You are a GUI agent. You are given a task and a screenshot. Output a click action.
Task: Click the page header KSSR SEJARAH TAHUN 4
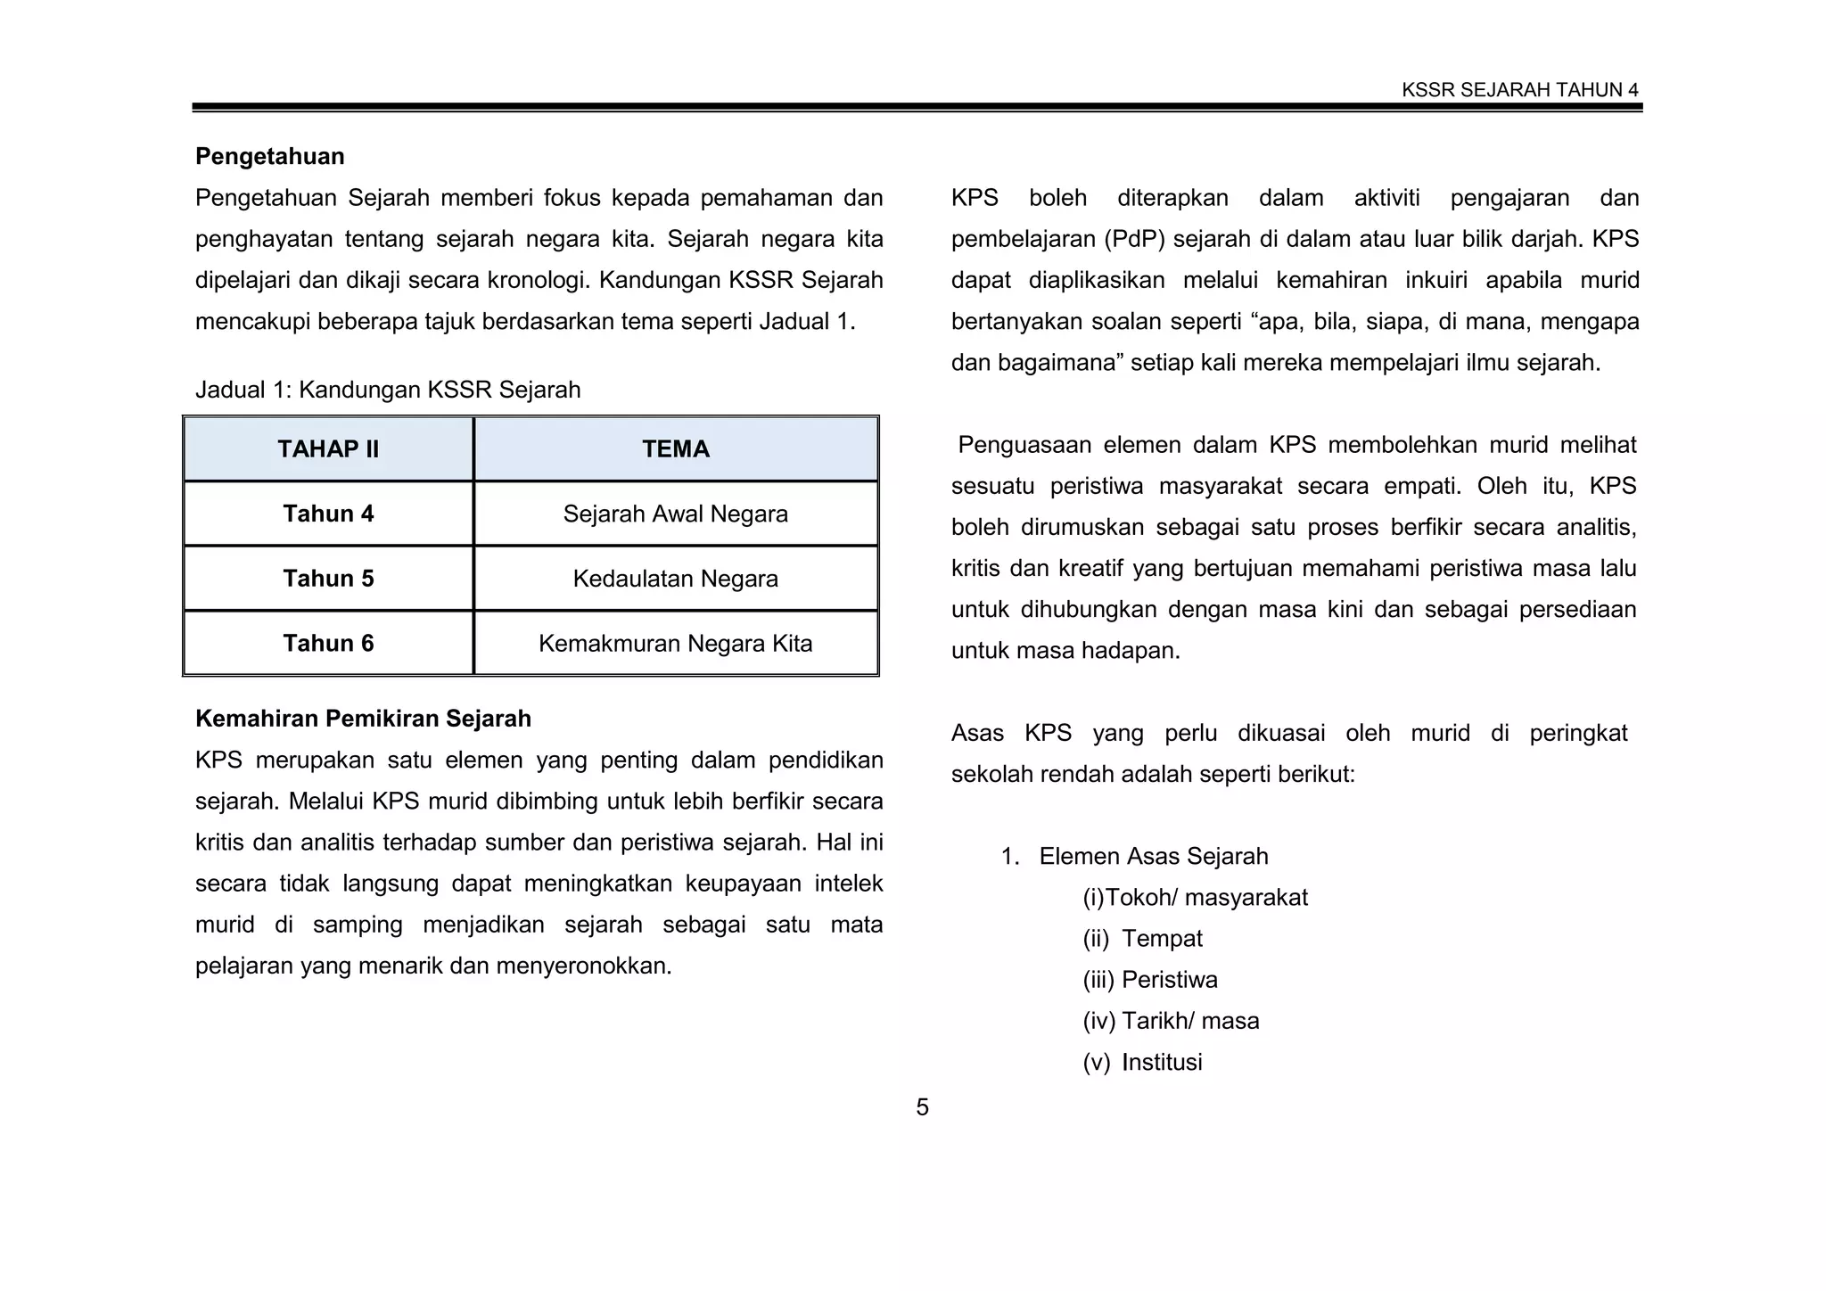[x=1519, y=90]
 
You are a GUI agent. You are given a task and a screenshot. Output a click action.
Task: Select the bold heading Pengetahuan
[x=269, y=157]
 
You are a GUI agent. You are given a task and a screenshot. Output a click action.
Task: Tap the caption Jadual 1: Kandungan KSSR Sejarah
[x=388, y=390]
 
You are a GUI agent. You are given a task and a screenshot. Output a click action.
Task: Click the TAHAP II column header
[x=328, y=449]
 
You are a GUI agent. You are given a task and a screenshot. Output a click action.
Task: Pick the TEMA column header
[x=676, y=449]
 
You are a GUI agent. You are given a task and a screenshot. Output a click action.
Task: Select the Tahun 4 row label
[x=328, y=514]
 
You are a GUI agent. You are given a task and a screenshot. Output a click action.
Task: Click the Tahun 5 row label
[x=328, y=579]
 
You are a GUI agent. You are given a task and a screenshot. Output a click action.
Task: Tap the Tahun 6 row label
[x=328, y=644]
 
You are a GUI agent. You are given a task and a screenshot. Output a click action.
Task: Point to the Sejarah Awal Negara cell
[x=676, y=514]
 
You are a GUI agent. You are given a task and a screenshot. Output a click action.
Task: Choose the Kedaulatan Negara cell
[x=676, y=579]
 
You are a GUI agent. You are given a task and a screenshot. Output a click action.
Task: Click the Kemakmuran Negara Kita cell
[x=676, y=644]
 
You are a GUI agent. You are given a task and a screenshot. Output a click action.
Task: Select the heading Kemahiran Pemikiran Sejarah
[x=363, y=719]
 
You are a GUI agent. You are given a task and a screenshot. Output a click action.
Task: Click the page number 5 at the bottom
[x=922, y=1107]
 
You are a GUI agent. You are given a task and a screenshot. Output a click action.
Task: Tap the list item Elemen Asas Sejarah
[x=1153, y=857]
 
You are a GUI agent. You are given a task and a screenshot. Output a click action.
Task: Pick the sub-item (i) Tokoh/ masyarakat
[x=1195, y=898]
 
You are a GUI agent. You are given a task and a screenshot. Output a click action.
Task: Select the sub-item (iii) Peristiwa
[x=1150, y=980]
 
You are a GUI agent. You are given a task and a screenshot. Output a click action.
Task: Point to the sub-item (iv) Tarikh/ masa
[x=1171, y=1021]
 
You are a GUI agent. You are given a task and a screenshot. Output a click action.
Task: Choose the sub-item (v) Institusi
[x=1143, y=1063]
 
